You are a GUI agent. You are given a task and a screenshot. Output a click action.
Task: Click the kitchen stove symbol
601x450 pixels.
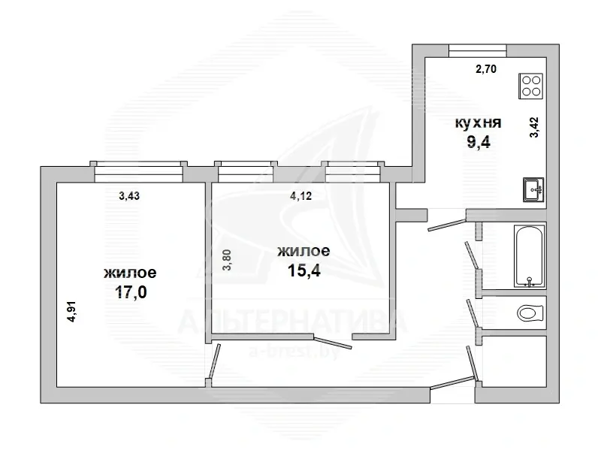click(531, 86)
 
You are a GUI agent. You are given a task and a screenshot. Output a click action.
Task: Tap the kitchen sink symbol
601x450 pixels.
click(533, 190)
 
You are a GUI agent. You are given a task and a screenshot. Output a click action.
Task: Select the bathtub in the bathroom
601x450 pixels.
click(530, 256)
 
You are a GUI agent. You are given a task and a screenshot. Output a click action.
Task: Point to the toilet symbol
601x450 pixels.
click(530, 313)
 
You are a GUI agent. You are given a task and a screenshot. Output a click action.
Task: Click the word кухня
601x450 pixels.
click(478, 122)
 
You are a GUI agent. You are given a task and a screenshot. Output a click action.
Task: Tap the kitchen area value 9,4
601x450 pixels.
click(479, 143)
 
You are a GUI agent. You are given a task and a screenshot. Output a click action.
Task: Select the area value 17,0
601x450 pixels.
click(131, 292)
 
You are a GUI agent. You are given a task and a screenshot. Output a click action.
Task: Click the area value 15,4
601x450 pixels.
click(304, 270)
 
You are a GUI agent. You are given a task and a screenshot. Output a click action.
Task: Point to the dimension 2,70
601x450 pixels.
click(485, 69)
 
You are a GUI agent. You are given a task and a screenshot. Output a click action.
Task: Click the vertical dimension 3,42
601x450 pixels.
click(534, 127)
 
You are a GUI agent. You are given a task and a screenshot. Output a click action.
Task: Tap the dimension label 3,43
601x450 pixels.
click(129, 196)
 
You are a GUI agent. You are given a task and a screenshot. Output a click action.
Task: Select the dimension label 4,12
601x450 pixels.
click(301, 196)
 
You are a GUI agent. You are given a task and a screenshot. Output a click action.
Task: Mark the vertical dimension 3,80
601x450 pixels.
click(228, 260)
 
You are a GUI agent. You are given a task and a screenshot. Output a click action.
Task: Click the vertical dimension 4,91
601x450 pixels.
click(71, 312)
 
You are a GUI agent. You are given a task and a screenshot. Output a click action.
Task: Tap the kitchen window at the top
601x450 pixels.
click(478, 50)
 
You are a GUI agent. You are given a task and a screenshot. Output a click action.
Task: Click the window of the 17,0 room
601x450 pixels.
click(138, 171)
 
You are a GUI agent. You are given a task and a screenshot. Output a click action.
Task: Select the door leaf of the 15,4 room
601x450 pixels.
click(332, 342)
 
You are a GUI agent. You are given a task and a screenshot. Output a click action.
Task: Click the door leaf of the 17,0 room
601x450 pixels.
click(215, 361)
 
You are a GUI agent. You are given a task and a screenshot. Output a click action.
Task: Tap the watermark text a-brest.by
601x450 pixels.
click(294, 351)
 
